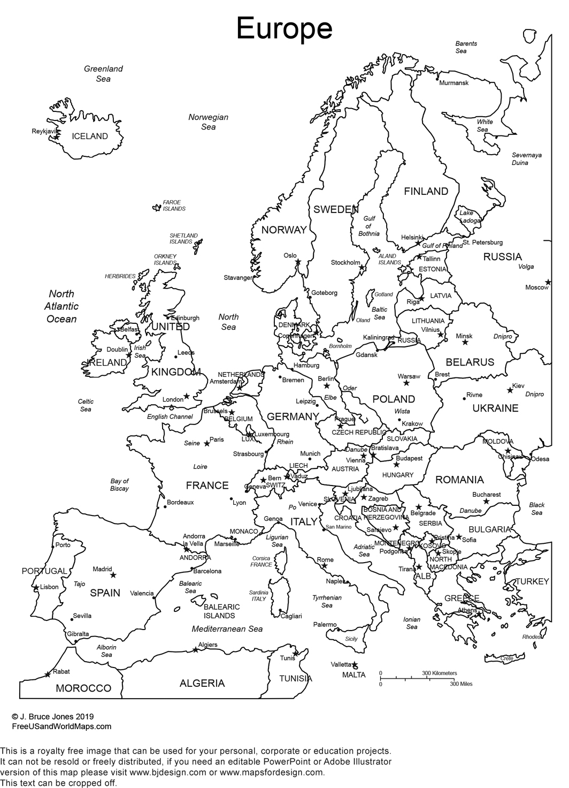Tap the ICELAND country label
pos(89,137)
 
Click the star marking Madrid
pos(113,575)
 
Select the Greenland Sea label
pos(103,74)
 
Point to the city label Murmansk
pos(453,83)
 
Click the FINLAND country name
pos(426,191)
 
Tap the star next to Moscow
pos(548,282)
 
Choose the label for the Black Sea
pos(536,509)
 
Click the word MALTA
pos(354,675)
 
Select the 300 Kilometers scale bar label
pos(440,673)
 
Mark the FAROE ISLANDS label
pos(173,206)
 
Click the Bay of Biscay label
pos(119,484)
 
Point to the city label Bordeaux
pos(180,502)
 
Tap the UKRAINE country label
pos(495,408)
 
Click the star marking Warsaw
pos(406,383)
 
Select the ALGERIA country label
pos(202,683)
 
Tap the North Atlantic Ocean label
pos(61,306)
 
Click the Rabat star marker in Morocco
pos(48,675)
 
